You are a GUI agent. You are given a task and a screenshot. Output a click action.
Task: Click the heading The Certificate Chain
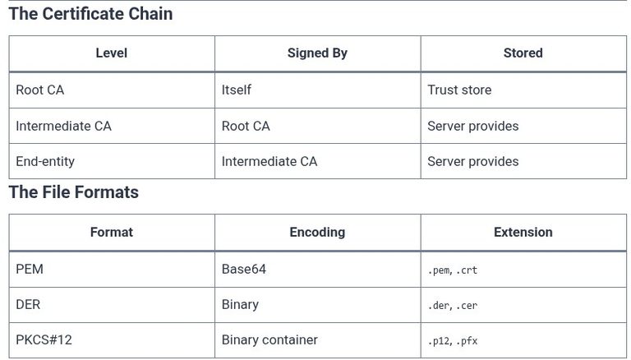pos(90,14)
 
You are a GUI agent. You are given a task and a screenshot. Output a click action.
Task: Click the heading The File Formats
pos(74,192)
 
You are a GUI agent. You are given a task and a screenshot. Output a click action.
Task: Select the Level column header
pos(112,53)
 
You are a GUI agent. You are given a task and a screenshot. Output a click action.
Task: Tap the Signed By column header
pos(317,53)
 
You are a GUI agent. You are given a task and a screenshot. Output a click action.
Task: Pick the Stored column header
pos(523,53)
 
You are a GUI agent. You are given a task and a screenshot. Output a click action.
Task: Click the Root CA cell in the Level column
pos(39,90)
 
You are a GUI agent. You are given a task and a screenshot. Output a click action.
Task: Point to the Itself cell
pos(237,90)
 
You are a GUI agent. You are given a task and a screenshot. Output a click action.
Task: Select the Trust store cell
pos(459,90)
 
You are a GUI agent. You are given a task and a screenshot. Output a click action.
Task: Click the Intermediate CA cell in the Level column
pos(63,126)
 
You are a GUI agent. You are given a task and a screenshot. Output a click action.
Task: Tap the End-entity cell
pos(45,161)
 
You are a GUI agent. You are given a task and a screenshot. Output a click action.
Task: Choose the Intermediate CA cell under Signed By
pos(269,161)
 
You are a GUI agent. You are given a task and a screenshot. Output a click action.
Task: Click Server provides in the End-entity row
pos(473,161)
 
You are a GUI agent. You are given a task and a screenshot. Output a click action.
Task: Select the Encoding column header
pos(317,233)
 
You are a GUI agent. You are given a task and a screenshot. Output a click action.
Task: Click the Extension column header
pos(523,233)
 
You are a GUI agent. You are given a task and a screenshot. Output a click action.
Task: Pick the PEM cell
pos(30,269)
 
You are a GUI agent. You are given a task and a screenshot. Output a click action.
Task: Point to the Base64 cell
pos(244,269)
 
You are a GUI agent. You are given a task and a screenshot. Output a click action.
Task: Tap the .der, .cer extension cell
pos(453,306)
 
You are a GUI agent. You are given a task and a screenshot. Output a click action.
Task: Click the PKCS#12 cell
pos(44,340)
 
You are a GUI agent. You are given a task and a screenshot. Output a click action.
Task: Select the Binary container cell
pos(269,340)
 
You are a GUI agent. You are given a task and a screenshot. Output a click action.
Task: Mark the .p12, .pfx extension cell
pos(453,341)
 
